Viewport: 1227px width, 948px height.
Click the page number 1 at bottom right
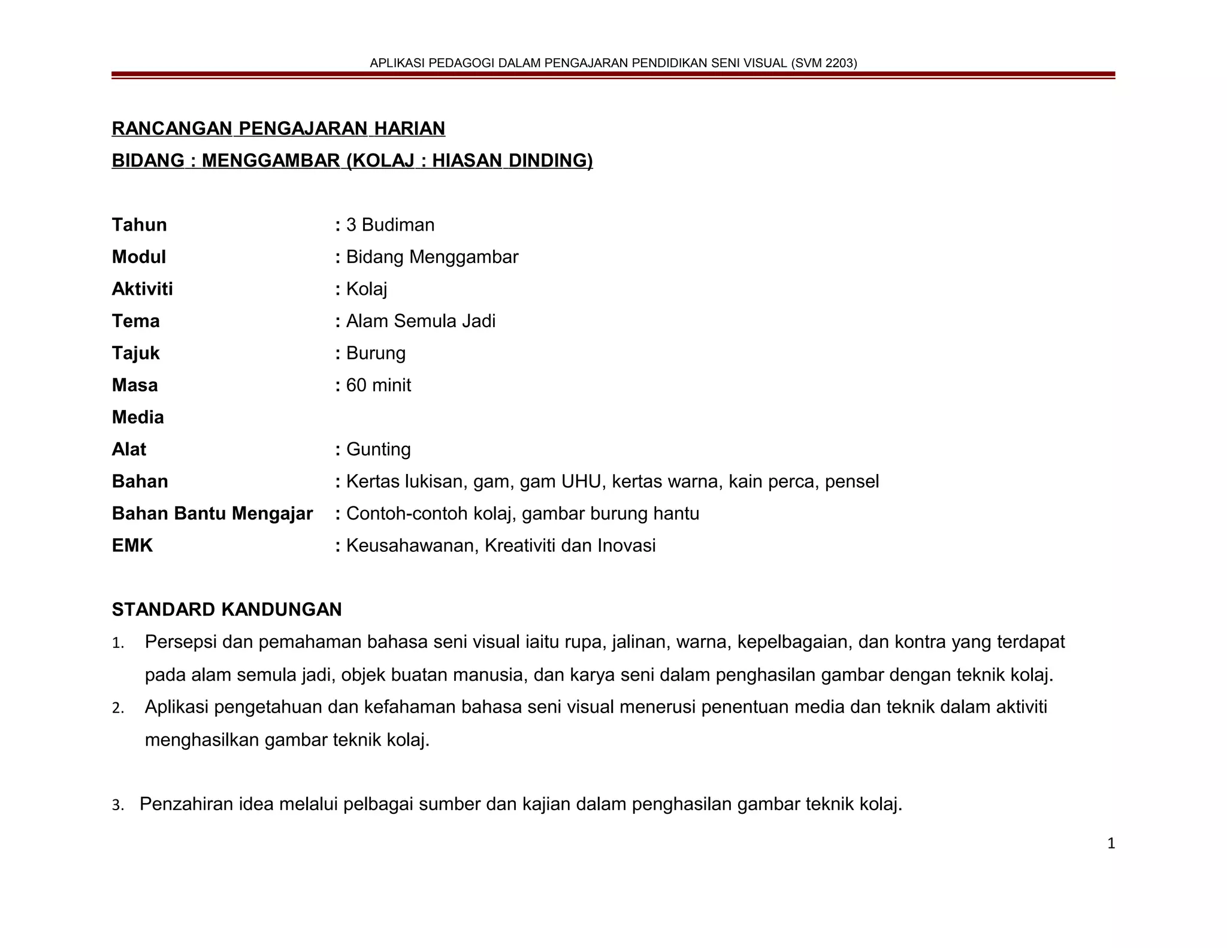tap(1111, 844)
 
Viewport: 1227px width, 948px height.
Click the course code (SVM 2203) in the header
tap(824, 63)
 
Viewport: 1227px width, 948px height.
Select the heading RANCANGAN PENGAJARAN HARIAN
tap(279, 128)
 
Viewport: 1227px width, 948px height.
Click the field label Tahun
tap(139, 225)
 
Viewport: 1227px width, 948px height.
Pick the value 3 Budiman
tap(390, 225)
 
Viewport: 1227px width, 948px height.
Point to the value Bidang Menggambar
tap(432, 257)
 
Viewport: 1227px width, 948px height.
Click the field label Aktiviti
tap(142, 289)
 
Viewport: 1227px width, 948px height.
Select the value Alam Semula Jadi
tap(421, 321)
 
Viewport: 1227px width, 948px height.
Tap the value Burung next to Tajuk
tap(376, 353)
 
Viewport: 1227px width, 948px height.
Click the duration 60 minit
tap(378, 385)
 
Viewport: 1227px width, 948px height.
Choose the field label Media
tap(137, 417)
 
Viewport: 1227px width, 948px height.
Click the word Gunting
tap(378, 449)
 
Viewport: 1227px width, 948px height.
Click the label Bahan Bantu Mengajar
tap(212, 514)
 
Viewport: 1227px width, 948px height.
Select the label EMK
tap(132, 546)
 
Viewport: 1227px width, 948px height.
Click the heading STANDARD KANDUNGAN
tap(226, 609)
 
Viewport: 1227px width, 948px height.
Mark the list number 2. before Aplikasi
tap(117, 708)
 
